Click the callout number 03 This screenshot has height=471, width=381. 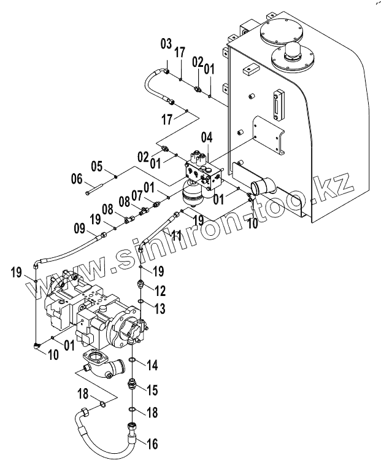(x=166, y=44)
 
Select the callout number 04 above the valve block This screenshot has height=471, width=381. (x=207, y=138)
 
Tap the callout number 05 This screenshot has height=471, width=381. (x=97, y=166)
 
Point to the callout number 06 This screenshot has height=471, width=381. (x=77, y=179)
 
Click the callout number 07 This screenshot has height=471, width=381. (x=137, y=196)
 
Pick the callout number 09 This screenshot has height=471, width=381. (x=80, y=230)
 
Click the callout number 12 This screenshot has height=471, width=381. (x=160, y=291)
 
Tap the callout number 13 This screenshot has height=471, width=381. (x=160, y=308)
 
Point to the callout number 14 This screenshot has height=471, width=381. (x=152, y=365)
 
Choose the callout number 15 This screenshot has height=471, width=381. (x=152, y=390)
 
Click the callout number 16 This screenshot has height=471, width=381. (x=152, y=443)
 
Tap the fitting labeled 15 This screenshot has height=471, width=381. (x=132, y=384)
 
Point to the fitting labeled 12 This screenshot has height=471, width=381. (x=140, y=284)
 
